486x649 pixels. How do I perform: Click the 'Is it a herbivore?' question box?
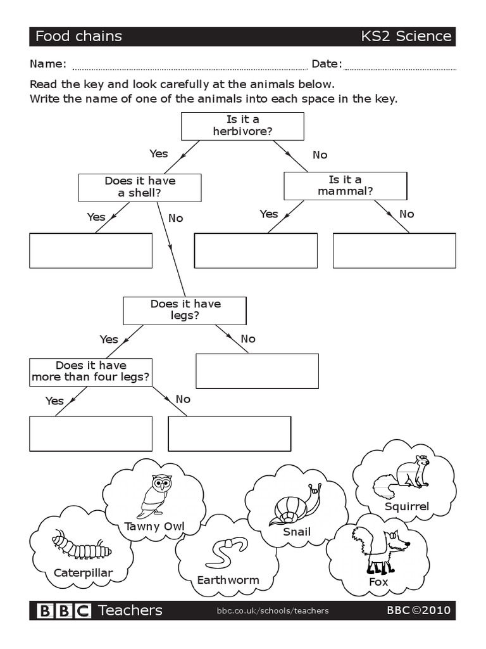[242, 126]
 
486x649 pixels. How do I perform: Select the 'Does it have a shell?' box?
[140, 188]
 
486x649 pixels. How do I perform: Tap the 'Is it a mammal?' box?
[345, 186]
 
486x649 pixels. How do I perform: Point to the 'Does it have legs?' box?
[185, 311]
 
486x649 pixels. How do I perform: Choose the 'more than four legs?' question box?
[90, 372]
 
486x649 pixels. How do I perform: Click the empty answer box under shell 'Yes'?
[90, 250]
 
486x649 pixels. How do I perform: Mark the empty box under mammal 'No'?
[394, 250]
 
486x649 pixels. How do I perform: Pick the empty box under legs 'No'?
[257, 371]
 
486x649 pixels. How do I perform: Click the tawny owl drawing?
[156, 496]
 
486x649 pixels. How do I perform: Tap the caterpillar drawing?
[81, 546]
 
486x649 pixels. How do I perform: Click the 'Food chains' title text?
[78, 36]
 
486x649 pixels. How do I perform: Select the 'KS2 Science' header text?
[406, 36]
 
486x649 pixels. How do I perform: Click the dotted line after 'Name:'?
[189, 67]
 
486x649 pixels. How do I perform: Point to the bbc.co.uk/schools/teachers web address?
[273, 611]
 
